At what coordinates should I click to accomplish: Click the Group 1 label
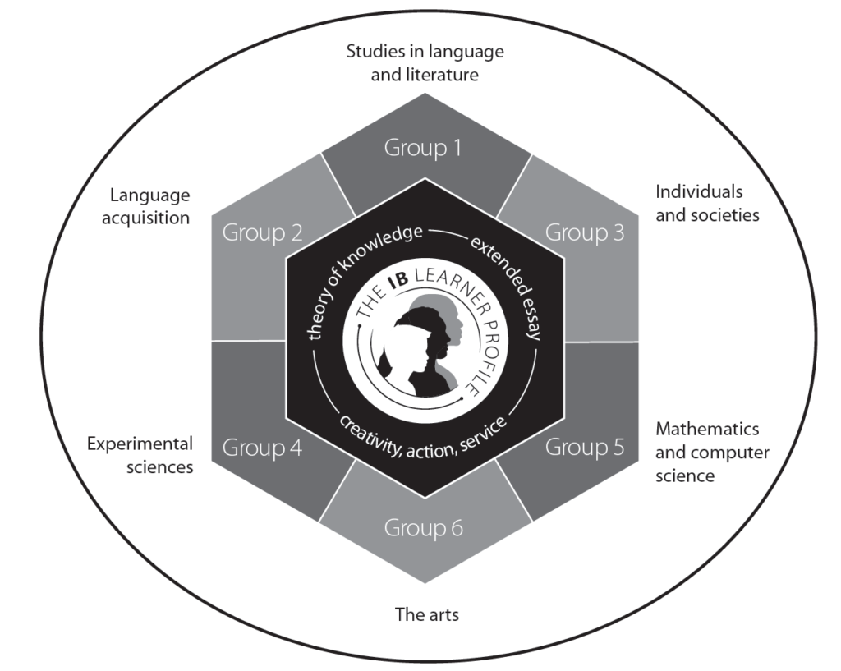point(424,149)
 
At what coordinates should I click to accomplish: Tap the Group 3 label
point(586,232)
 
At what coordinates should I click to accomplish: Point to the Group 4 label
point(262,448)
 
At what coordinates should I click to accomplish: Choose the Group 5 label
point(586,448)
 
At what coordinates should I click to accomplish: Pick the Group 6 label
point(424,527)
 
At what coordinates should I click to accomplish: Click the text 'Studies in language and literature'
point(424,63)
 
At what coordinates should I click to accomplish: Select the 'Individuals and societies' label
point(707,204)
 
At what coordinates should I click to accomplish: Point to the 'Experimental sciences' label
point(140,455)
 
